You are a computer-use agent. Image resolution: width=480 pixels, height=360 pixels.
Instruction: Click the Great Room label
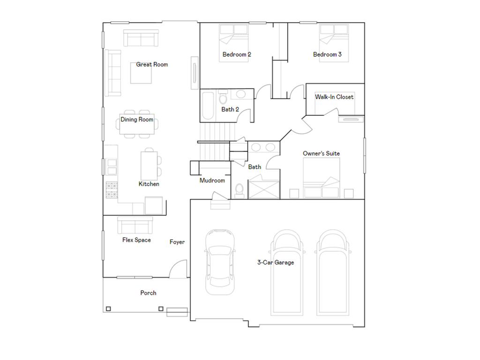(x=152, y=64)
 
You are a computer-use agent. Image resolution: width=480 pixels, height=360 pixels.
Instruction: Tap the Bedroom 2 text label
(x=237, y=54)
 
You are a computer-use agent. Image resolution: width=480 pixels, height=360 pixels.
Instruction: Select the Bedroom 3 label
(x=327, y=54)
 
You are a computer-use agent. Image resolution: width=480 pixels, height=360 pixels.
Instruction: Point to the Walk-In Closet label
(x=334, y=97)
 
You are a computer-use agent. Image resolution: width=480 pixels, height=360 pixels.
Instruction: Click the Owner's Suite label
(x=321, y=153)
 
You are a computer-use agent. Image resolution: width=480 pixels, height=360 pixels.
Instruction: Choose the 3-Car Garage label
(x=276, y=262)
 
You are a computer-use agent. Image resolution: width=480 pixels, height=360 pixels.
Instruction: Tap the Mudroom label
(x=212, y=180)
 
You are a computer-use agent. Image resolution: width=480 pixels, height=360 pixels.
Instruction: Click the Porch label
(x=148, y=293)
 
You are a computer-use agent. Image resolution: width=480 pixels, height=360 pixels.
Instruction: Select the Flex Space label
(x=136, y=240)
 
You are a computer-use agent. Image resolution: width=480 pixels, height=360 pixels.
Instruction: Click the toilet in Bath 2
(x=223, y=97)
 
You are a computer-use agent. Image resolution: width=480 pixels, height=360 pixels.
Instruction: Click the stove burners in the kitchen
(x=112, y=190)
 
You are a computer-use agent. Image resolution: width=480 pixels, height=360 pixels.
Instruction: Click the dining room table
(x=137, y=124)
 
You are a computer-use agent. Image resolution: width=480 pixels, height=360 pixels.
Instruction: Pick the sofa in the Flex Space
(x=135, y=225)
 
